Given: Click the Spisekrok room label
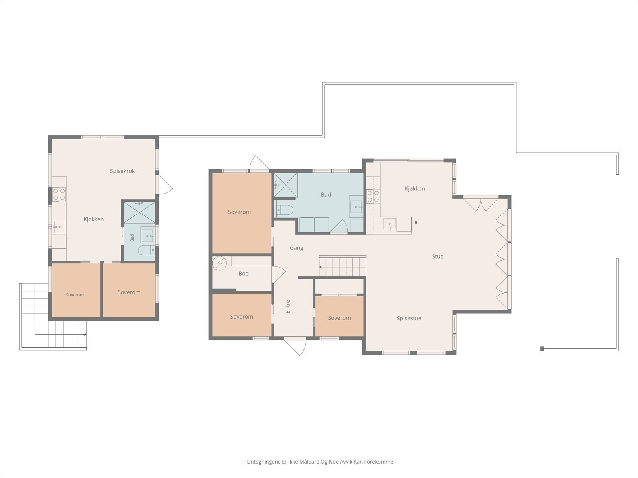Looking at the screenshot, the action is (x=122, y=171).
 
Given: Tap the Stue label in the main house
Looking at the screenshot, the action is (x=437, y=256).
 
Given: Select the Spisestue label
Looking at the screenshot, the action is (x=409, y=318).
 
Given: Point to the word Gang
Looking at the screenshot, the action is (x=297, y=248).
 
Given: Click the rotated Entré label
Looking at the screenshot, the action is (x=288, y=306).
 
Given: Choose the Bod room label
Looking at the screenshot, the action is (x=244, y=273).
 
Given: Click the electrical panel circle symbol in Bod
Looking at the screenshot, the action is (x=219, y=264).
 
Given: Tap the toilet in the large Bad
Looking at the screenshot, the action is (x=285, y=209).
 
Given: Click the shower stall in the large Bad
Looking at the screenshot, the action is (x=286, y=185).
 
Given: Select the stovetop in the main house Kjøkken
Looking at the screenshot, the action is (x=373, y=196).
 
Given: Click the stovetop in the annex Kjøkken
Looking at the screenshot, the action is (x=59, y=194).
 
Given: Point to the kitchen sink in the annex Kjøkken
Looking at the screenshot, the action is (x=59, y=227).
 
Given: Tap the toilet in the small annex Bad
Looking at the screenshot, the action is (x=146, y=250).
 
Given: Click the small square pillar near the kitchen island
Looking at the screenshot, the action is (x=416, y=222).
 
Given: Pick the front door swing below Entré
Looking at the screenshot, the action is (x=295, y=346).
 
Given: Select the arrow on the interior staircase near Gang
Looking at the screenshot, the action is (x=343, y=267).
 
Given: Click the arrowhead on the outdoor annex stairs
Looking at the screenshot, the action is (x=85, y=334).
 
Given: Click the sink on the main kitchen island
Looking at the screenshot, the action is (x=390, y=224).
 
